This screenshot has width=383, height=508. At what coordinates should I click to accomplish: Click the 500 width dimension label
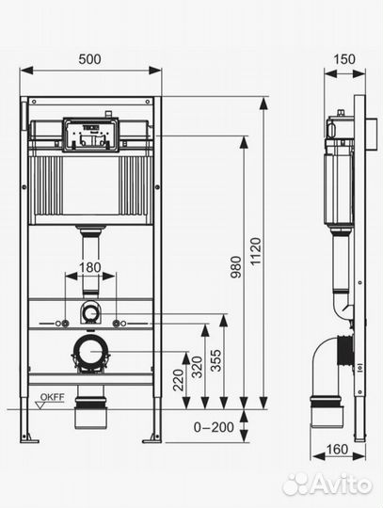click(x=89, y=59)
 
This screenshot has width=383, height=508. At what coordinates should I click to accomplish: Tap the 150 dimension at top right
click(x=344, y=59)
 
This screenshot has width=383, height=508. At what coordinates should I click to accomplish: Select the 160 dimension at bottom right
click(x=337, y=450)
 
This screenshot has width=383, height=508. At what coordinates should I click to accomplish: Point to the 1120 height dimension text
click(x=255, y=251)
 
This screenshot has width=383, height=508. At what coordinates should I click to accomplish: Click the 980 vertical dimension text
click(x=236, y=267)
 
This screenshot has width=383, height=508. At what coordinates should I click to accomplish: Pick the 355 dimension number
click(x=215, y=360)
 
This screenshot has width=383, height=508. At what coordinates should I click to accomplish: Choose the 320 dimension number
click(x=197, y=367)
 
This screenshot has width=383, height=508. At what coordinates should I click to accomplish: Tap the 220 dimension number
click(x=178, y=380)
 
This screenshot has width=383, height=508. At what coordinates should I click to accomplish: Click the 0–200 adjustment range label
click(x=214, y=427)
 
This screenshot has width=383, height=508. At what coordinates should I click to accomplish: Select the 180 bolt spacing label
click(x=89, y=267)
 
